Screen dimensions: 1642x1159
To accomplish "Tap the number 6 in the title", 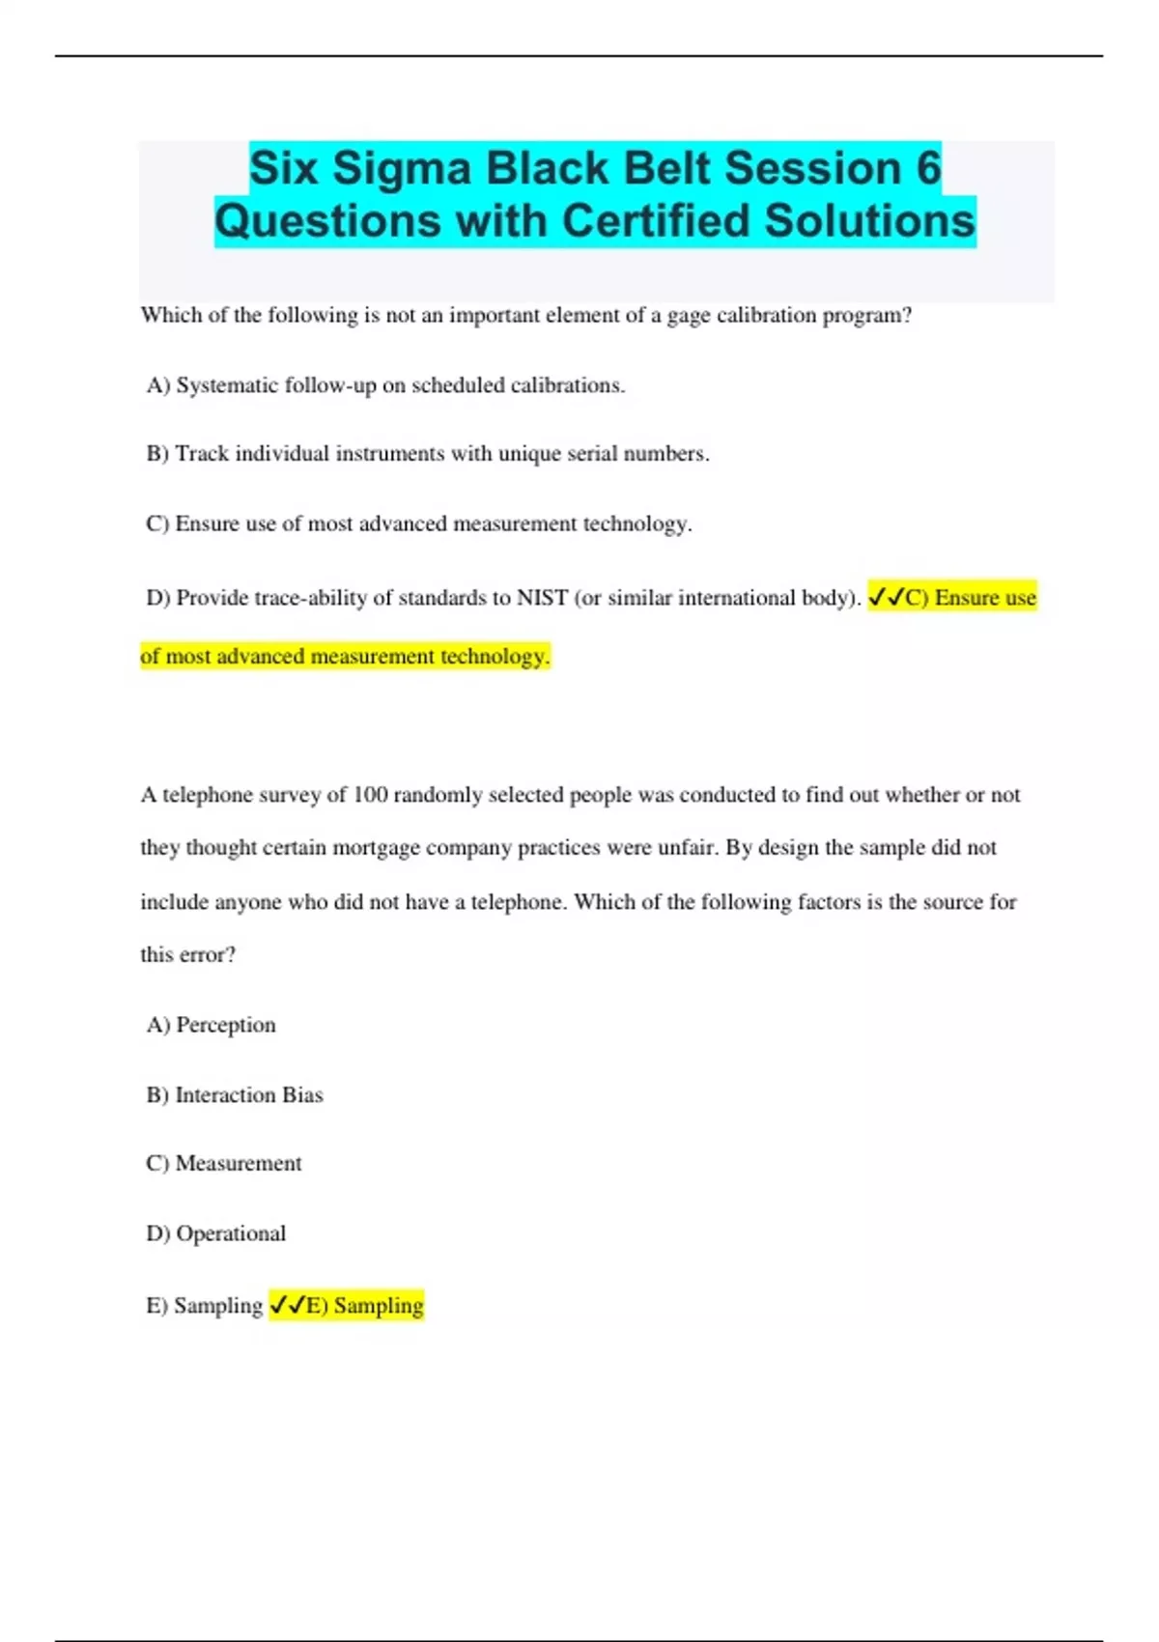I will coord(927,168).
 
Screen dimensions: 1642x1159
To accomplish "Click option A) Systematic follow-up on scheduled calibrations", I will coord(385,385).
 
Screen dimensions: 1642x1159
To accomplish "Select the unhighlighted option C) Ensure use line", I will coord(418,524).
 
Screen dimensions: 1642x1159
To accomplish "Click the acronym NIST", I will coord(542,598).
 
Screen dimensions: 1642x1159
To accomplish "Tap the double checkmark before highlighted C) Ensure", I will coord(886,598).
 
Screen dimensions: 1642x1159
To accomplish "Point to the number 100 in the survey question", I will coord(370,795).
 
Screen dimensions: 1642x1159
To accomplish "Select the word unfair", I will coord(685,848).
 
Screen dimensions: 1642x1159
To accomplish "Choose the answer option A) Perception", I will coord(211,1025).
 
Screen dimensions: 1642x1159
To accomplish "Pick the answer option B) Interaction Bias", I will coord(235,1095).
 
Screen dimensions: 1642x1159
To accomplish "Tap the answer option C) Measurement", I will coord(223,1164).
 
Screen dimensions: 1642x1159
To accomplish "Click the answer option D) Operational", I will coord(215,1234).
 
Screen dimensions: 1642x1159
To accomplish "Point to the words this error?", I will coord(187,955).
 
